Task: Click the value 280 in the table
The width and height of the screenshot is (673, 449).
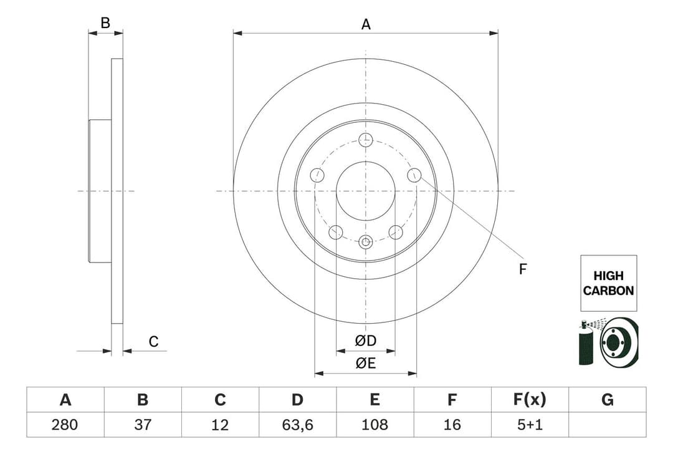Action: [65, 425]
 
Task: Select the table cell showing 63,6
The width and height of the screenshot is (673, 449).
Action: [297, 425]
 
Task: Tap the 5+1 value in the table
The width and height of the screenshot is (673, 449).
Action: [530, 425]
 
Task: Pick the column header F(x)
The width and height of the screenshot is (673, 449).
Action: [530, 400]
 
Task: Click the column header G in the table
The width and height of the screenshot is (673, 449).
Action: [608, 400]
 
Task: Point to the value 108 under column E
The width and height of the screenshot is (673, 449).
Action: [375, 425]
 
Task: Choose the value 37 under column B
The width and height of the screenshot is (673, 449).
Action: [143, 425]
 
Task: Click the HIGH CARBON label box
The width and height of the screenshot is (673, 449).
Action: [608, 283]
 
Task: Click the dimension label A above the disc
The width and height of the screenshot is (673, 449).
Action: [366, 24]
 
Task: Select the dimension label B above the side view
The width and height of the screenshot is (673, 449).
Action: [105, 23]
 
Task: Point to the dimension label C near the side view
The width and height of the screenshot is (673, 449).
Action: [153, 342]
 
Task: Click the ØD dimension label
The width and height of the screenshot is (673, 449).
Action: [366, 340]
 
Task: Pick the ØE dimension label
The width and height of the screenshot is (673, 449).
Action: [366, 364]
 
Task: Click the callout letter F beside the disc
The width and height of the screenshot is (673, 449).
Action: [523, 269]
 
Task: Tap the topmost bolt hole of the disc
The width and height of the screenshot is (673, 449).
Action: [366, 140]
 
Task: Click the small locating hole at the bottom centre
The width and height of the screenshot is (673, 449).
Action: [366, 242]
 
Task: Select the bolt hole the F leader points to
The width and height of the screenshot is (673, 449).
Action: [414, 175]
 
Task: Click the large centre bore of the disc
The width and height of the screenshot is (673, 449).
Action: [366, 191]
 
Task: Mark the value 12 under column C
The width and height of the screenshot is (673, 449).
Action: [220, 425]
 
